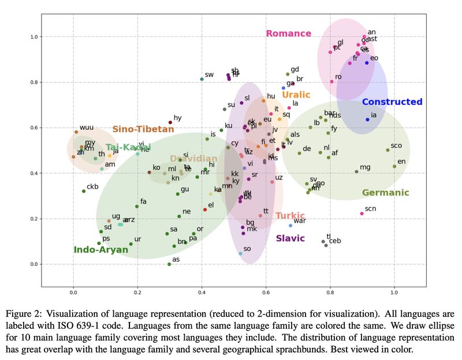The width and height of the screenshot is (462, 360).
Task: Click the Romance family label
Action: pyautogui.click(x=288, y=33)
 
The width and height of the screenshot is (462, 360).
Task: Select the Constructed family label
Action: pyautogui.click(x=392, y=102)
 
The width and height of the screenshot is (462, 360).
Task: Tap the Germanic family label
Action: pyautogui.click(x=385, y=193)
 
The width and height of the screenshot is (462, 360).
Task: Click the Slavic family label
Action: pyautogui.click(x=290, y=238)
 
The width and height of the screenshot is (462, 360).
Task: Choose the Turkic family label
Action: pyautogui.click(x=290, y=216)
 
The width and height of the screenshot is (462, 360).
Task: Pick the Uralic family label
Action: pyautogui.click(x=296, y=95)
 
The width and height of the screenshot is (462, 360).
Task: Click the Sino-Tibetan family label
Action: pyautogui.click(x=143, y=129)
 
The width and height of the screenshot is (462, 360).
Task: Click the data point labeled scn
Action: pyautogui.click(x=362, y=213)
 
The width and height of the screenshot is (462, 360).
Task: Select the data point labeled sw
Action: pyautogui.click(x=202, y=79)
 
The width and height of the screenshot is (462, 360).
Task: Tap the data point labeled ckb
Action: pyautogui.click(x=84, y=191)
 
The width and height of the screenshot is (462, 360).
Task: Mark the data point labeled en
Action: pyautogui.click(x=394, y=166)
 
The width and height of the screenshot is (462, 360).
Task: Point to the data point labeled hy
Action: pyautogui.click(x=170, y=122)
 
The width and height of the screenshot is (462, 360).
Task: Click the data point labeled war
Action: pyautogui.click(x=290, y=225)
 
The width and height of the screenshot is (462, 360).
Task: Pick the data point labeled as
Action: pyautogui.click(x=169, y=264)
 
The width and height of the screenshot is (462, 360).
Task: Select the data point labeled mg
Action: pyautogui.click(x=356, y=171)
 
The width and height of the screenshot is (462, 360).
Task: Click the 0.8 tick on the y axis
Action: pyautogui.click(x=32, y=82)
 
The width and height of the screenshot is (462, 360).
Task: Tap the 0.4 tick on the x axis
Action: pyautogui.click(x=202, y=292)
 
